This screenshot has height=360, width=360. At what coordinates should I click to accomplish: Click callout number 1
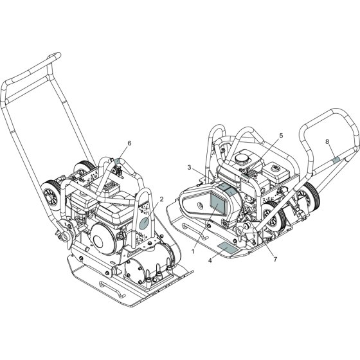click(x=193, y=251)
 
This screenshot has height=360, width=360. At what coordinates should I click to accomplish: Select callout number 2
click(x=161, y=199)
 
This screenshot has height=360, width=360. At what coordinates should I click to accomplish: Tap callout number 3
click(x=189, y=168)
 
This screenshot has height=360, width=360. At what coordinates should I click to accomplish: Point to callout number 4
click(x=210, y=260)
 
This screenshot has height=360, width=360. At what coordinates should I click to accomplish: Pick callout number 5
click(x=282, y=136)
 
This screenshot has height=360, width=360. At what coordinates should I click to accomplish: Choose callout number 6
click(x=129, y=143)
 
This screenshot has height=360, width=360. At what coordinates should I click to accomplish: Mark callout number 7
click(x=275, y=259)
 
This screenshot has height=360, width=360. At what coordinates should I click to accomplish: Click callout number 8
click(x=327, y=141)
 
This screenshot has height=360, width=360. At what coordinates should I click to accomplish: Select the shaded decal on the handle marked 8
click(x=336, y=159)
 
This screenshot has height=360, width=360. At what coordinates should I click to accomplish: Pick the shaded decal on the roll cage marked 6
click(x=117, y=160)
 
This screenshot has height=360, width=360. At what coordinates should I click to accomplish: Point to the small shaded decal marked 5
click(x=245, y=175)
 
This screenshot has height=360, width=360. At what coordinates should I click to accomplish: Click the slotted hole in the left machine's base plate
click(x=112, y=289)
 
